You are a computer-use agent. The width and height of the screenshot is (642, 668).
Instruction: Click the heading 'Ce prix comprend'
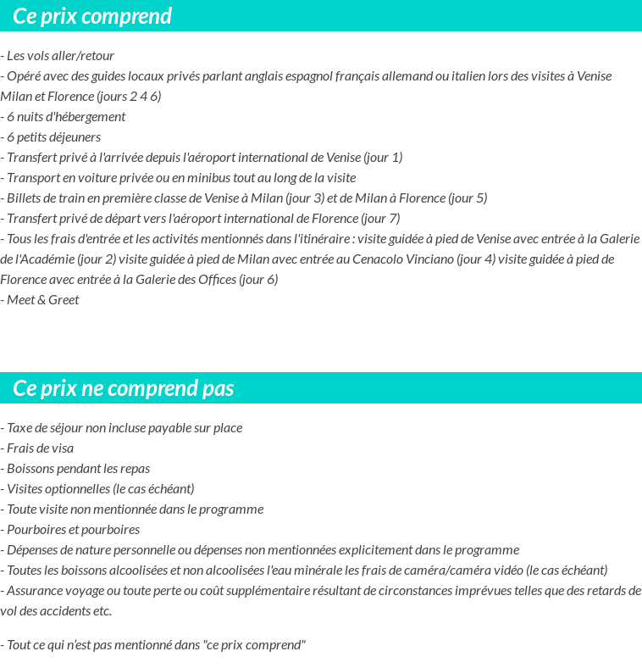coord(92,16)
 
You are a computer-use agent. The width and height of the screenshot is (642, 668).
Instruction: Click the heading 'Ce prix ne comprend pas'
coord(124,388)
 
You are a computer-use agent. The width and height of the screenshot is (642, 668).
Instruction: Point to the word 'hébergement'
coord(89,117)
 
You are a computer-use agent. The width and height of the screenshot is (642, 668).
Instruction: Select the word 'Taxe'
coord(21,428)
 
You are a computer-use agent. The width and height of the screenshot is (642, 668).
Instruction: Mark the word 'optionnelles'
coord(77,489)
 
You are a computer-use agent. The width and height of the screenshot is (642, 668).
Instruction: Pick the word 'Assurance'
coord(36,591)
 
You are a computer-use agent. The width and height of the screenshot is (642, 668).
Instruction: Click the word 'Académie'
coord(53,259)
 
